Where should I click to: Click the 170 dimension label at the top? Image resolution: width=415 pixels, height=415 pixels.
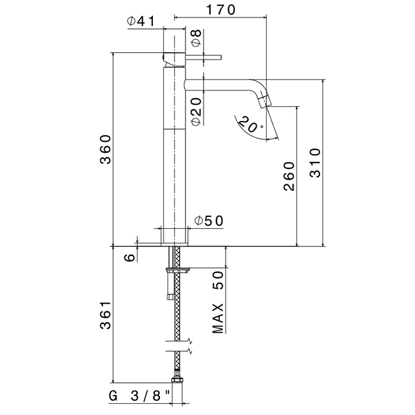[221, 10]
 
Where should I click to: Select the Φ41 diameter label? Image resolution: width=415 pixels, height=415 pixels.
[141, 21]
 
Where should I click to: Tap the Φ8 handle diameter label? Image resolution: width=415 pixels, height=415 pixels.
[196, 38]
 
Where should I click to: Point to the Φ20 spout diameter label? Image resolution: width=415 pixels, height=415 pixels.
[196, 111]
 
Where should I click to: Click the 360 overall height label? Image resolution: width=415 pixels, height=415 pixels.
[106, 149]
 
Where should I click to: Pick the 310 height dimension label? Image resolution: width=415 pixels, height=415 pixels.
[315, 163]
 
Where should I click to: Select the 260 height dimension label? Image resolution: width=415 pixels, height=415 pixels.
[289, 176]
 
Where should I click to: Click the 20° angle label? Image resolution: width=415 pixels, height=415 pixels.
[250, 124]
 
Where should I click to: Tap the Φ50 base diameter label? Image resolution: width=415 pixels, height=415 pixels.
[209, 221]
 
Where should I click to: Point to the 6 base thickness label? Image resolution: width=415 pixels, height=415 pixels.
[130, 257]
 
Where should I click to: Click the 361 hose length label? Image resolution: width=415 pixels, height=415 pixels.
[106, 315]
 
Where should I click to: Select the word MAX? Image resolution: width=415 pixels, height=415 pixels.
[218, 318]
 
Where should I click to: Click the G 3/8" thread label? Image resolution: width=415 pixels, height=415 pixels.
[139, 396]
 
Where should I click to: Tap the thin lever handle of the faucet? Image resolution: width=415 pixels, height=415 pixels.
[203, 58]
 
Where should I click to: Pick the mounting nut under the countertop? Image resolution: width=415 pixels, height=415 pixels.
[177, 270]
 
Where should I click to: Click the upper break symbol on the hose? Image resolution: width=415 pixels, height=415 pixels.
[179, 341]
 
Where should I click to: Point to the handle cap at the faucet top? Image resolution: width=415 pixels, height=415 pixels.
[174, 59]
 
